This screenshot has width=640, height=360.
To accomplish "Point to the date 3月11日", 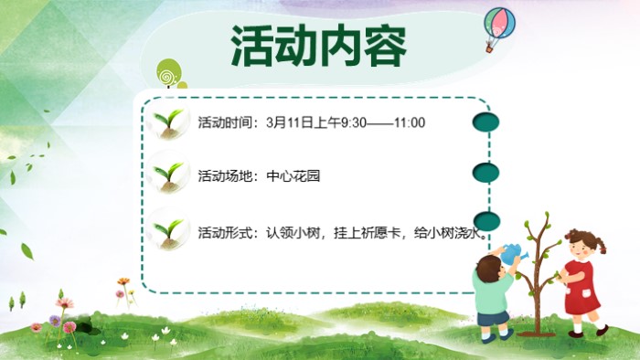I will pyautogui.click(x=290, y=122).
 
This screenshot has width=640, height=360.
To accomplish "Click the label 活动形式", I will pyautogui.click(x=223, y=233).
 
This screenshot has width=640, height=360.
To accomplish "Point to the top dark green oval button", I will pyautogui.click(x=485, y=122).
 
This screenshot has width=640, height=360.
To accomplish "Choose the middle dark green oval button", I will pyautogui.click(x=485, y=172).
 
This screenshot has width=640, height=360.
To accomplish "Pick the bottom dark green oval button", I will pyautogui.click(x=485, y=220).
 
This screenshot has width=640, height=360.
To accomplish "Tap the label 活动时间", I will pyautogui.click(x=223, y=122).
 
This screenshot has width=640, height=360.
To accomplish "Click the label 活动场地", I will pyautogui.click(x=223, y=175).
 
